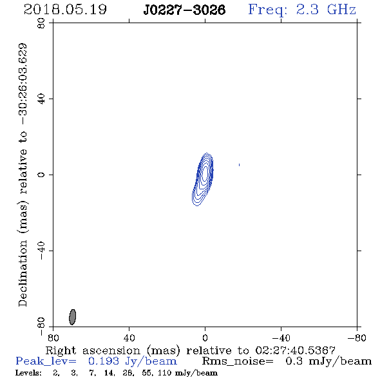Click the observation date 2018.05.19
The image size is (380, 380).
click(x=65, y=10)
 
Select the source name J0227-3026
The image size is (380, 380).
click(x=184, y=10)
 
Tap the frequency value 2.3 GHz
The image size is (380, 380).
click(x=326, y=10)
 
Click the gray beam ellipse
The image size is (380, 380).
click(x=73, y=317)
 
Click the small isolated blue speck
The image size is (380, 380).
click(x=239, y=165)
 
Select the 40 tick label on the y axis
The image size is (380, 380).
click(x=41, y=99)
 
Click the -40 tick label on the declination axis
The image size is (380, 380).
click(x=41, y=251)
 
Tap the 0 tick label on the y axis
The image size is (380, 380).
click(x=41, y=175)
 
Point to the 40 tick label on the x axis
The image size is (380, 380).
click(x=129, y=337)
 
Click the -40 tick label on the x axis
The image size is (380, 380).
click(x=281, y=337)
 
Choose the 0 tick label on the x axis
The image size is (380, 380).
click(x=205, y=337)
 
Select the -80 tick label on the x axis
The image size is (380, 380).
click(x=357, y=337)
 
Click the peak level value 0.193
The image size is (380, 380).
click(x=104, y=361)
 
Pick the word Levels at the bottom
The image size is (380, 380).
click(x=28, y=372)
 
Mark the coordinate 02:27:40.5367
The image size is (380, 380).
click(x=295, y=350)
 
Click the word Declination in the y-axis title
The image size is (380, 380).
click(x=23, y=273)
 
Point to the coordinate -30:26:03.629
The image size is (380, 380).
click(x=23, y=84)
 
